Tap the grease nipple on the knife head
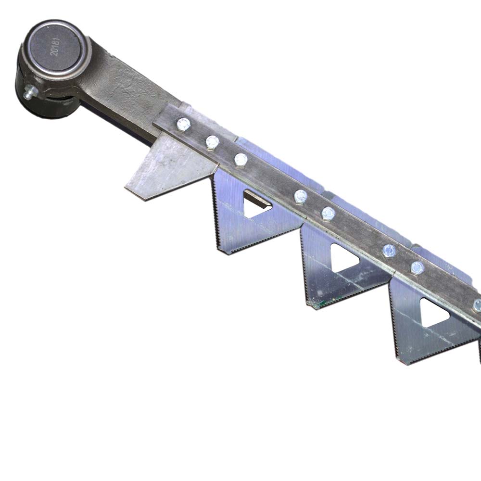tap(30, 92)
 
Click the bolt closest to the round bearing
tap(183, 124)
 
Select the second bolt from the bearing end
tap(212, 142)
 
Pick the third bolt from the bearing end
tap(241, 160)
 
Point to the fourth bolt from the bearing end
tap(301, 196)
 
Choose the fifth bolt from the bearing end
tap(329, 213)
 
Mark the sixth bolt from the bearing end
tap(389, 251)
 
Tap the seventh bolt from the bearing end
tap(418, 268)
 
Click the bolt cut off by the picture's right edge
tap(477, 306)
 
